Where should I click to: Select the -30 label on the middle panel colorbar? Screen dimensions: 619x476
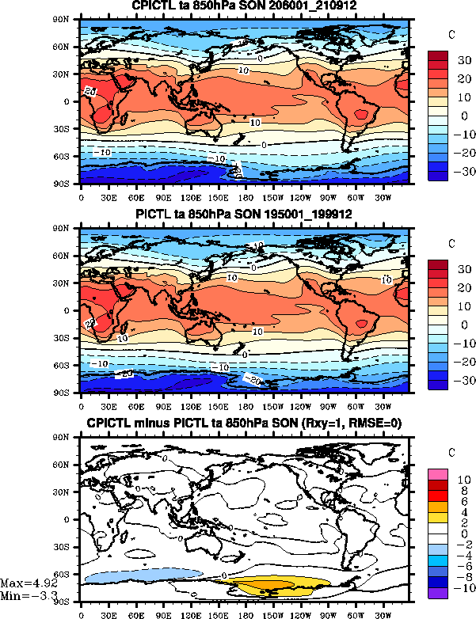pos(460,381)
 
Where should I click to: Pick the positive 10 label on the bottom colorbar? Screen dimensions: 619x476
pos(462,480)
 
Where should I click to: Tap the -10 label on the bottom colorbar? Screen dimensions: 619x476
pos(460,589)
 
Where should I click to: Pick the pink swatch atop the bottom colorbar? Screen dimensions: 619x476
pos(439,473)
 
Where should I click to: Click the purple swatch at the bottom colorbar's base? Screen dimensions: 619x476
pos(439,593)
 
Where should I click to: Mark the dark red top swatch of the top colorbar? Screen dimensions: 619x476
pos(439,55)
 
